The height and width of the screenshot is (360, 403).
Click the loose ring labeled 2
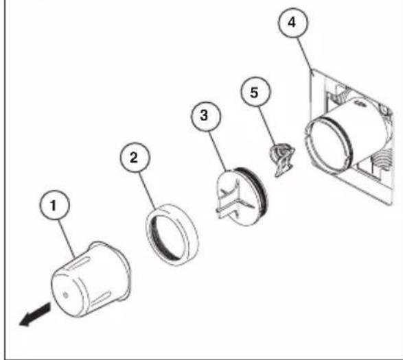tap(171, 237)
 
